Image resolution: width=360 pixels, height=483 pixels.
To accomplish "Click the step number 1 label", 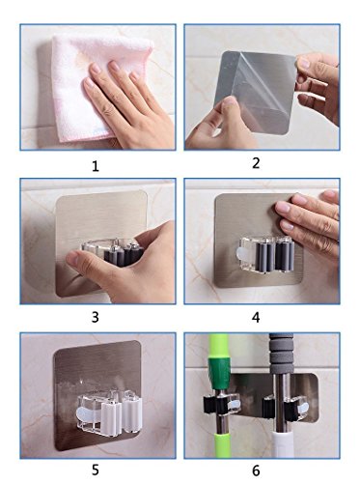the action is [x=96, y=166].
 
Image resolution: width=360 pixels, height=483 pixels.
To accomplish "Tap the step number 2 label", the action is [x=256, y=163].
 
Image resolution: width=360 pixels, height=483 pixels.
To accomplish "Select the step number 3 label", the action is [x=96, y=317].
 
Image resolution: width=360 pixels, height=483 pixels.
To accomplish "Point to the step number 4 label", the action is [x=256, y=318].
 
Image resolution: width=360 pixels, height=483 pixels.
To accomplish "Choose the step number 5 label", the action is [x=96, y=470].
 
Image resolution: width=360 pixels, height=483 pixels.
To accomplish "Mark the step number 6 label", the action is [x=256, y=470].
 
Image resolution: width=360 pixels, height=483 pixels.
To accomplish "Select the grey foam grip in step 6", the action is [x=282, y=354].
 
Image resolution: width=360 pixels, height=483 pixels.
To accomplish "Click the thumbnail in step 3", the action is [x=72, y=259].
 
